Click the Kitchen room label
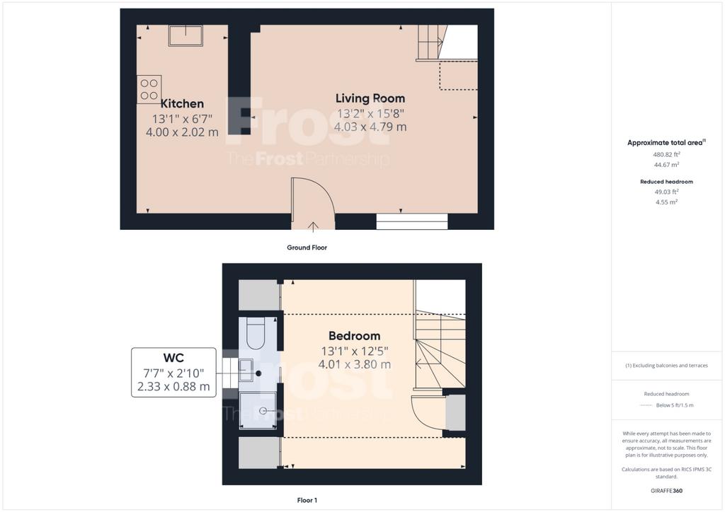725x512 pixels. pyautogui.click(x=182, y=103)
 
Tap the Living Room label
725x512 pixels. pyautogui.click(x=370, y=98)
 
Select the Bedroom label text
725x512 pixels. pyautogui.click(x=355, y=336)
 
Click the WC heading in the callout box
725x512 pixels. pyautogui.click(x=173, y=358)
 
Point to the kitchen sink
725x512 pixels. pyautogui.click(x=185, y=35)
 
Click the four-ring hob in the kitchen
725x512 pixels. pyautogui.click(x=149, y=89)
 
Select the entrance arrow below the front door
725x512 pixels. pyautogui.click(x=313, y=226)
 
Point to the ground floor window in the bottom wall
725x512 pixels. pyautogui.click(x=412, y=221)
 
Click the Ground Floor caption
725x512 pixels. pyautogui.click(x=307, y=248)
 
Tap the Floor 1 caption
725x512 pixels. pyautogui.click(x=307, y=500)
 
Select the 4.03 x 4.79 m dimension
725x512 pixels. pyautogui.click(x=370, y=127)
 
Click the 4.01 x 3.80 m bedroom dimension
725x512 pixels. pyautogui.click(x=355, y=364)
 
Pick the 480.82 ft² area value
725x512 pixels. pyautogui.click(x=666, y=155)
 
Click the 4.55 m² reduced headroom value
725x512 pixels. pyautogui.click(x=666, y=202)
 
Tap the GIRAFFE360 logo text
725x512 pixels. pyautogui.click(x=666, y=491)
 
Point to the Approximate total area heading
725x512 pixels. pyautogui.click(x=666, y=143)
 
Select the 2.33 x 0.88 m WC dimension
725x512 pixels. pyautogui.click(x=173, y=386)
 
